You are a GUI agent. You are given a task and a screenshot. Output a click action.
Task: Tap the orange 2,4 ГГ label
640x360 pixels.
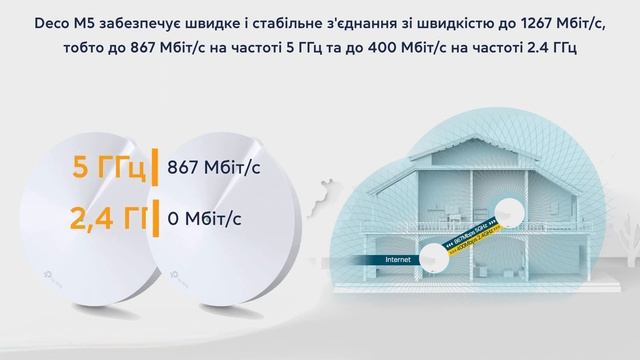(x=102, y=216)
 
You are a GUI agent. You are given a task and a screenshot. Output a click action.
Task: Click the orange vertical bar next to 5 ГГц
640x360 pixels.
(x=156, y=167)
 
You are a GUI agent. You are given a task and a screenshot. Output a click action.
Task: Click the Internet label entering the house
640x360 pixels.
(x=383, y=261)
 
